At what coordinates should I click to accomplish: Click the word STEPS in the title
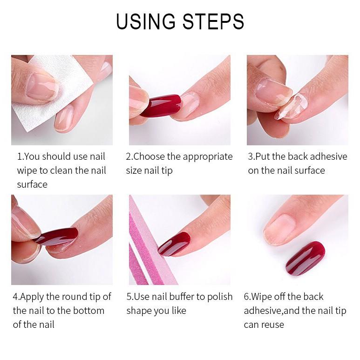(213, 21)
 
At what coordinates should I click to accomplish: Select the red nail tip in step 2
(161, 106)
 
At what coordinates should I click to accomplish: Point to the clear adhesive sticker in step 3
(290, 106)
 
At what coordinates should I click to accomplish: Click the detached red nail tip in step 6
(306, 258)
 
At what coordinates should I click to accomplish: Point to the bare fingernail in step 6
(279, 229)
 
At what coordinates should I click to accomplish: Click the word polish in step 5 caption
(220, 297)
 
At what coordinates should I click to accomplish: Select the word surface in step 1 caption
(32, 184)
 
